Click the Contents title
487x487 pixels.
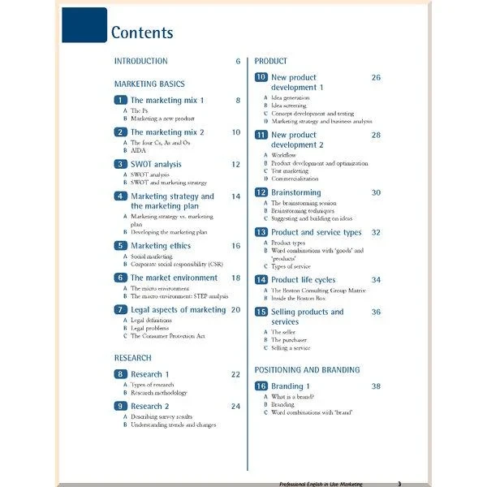(x=142, y=33)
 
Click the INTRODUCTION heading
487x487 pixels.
(x=140, y=61)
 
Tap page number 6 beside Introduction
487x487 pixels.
(x=238, y=61)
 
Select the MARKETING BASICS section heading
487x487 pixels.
(x=149, y=84)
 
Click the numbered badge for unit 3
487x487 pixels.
(x=120, y=164)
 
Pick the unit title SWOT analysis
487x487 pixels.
(x=156, y=164)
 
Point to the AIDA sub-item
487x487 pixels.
(x=139, y=150)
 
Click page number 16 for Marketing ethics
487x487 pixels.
(x=235, y=245)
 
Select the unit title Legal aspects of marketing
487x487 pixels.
(x=178, y=309)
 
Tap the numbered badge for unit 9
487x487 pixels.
(x=120, y=406)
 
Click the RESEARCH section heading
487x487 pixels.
(x=132, y=357)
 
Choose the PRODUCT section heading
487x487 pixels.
(x=271, y=61)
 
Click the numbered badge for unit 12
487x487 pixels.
(x=261, y=192)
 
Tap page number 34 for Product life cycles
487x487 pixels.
(x=376, y=279)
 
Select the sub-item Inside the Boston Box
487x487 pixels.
(x=304, y=298)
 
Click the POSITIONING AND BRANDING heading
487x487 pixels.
(x=307, y=369)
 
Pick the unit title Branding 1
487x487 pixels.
(x=291, y=386)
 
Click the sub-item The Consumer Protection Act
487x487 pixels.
(x=167, y=336)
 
